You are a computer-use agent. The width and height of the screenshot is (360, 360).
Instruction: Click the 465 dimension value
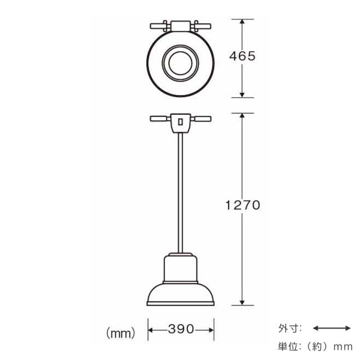[242, 56]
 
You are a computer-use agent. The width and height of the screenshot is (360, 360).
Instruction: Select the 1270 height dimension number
[242, 205]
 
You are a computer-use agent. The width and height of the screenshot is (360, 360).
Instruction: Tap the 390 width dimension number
[181, 329]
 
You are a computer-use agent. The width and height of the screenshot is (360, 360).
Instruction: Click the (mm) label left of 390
[121, 333]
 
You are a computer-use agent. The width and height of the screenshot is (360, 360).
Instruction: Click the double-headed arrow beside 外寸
[332, 328]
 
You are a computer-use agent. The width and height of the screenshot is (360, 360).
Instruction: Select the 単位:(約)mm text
[315, 346]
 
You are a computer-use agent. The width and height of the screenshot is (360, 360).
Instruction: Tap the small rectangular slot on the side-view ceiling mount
[181, 121]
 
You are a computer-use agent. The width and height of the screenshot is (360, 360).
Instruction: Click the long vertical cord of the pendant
[181, 193]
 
